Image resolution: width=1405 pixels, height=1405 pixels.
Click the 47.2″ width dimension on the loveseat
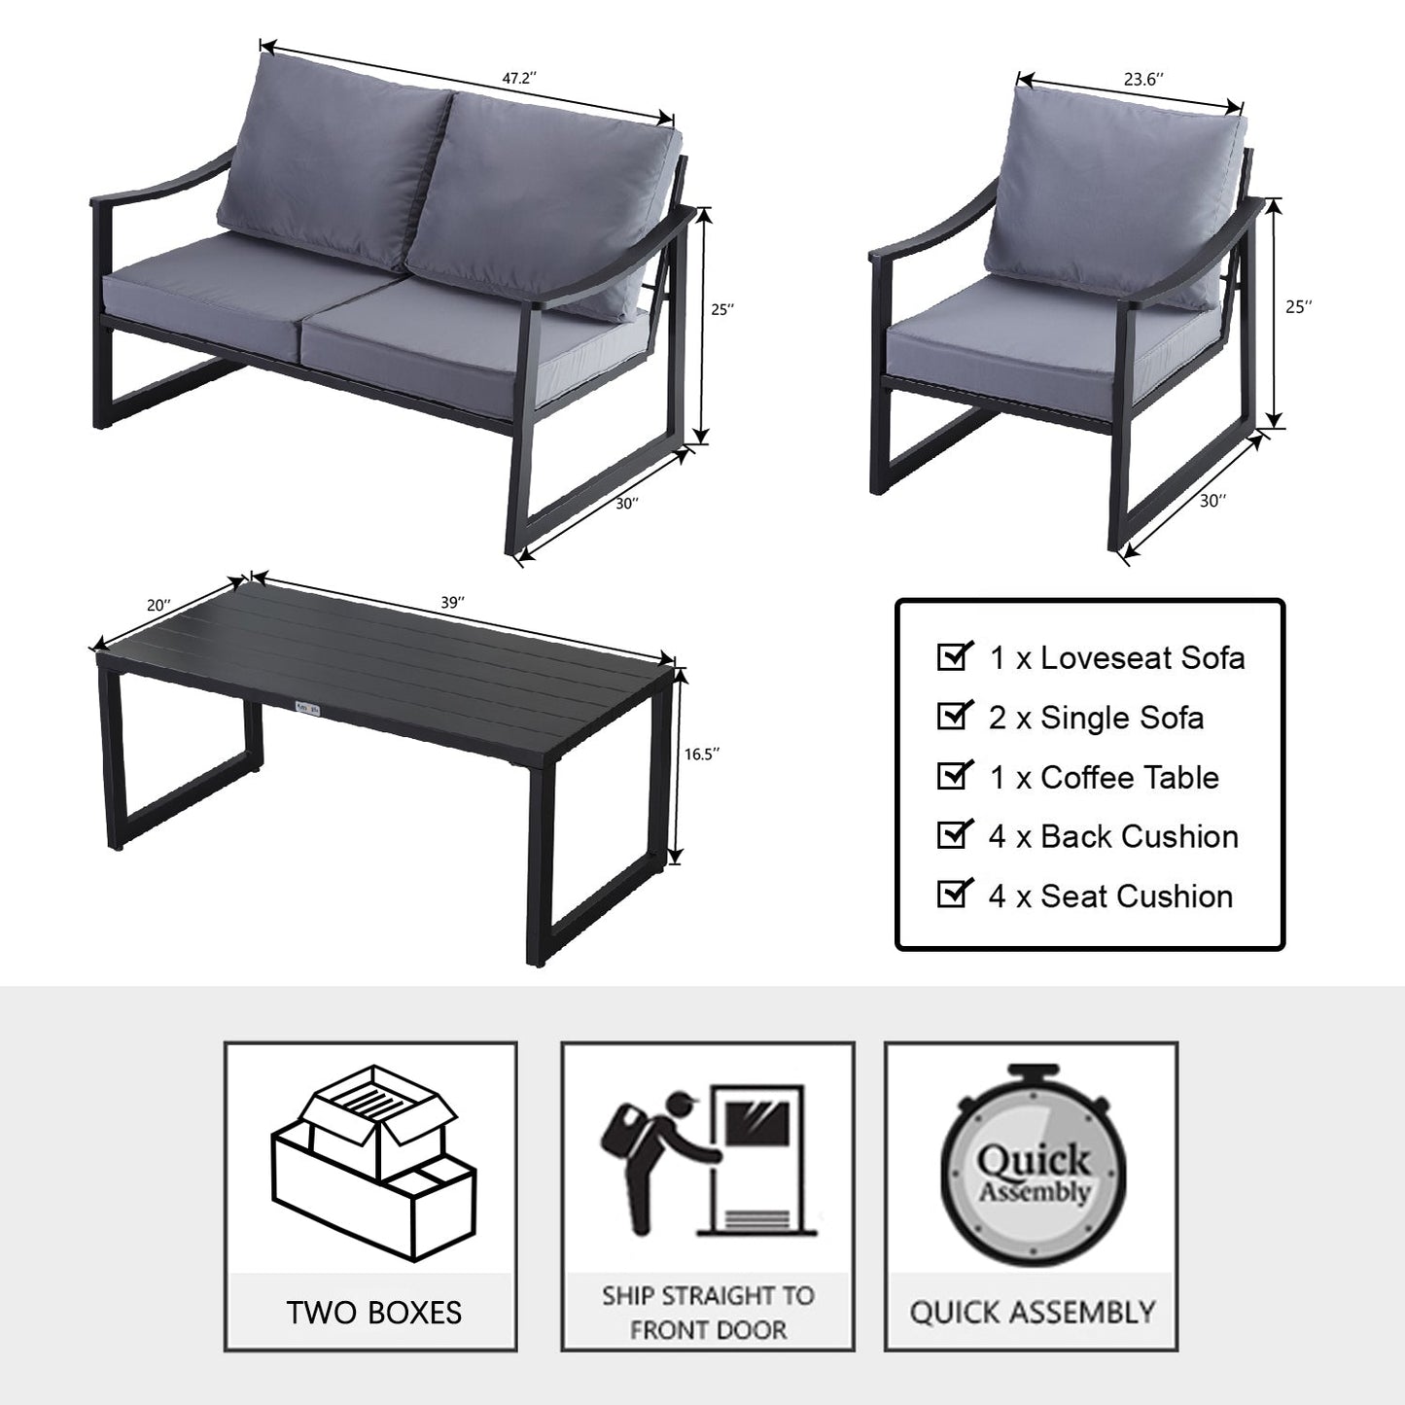coord(519,78)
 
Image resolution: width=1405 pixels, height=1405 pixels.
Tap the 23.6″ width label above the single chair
coord(1143,79)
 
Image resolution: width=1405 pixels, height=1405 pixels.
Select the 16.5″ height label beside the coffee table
coord(701,754)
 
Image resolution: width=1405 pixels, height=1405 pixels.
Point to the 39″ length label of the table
coord(452,602)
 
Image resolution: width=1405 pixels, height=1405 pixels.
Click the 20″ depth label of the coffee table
coord(158,605)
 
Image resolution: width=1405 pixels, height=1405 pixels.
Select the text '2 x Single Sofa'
coord(1096,718)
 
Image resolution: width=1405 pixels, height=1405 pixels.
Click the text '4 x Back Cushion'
coord(1113,836)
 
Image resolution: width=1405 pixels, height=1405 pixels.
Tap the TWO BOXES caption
coord(374,1314)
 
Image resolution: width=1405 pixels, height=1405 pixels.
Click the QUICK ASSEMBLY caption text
coord(1032,1313)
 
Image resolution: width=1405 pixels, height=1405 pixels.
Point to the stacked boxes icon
coord(373,1164)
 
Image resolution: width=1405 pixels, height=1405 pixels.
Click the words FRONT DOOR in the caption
coord(708,1330)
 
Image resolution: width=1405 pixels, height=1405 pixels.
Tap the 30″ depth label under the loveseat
coord(627,503)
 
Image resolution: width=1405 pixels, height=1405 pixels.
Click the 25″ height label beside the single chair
coord(1299,307)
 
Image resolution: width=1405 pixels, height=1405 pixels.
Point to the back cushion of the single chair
coord(1115,195)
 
